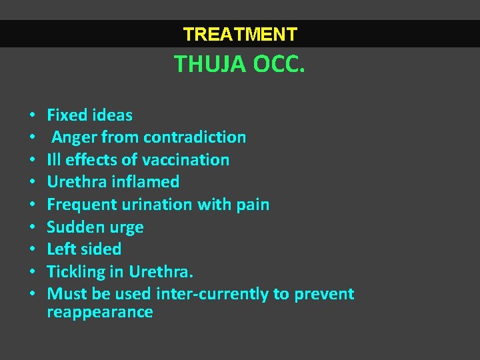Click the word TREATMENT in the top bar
[240, 34]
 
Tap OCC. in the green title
[278, 64]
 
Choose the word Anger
[74, 137]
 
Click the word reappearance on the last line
[100, 312]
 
